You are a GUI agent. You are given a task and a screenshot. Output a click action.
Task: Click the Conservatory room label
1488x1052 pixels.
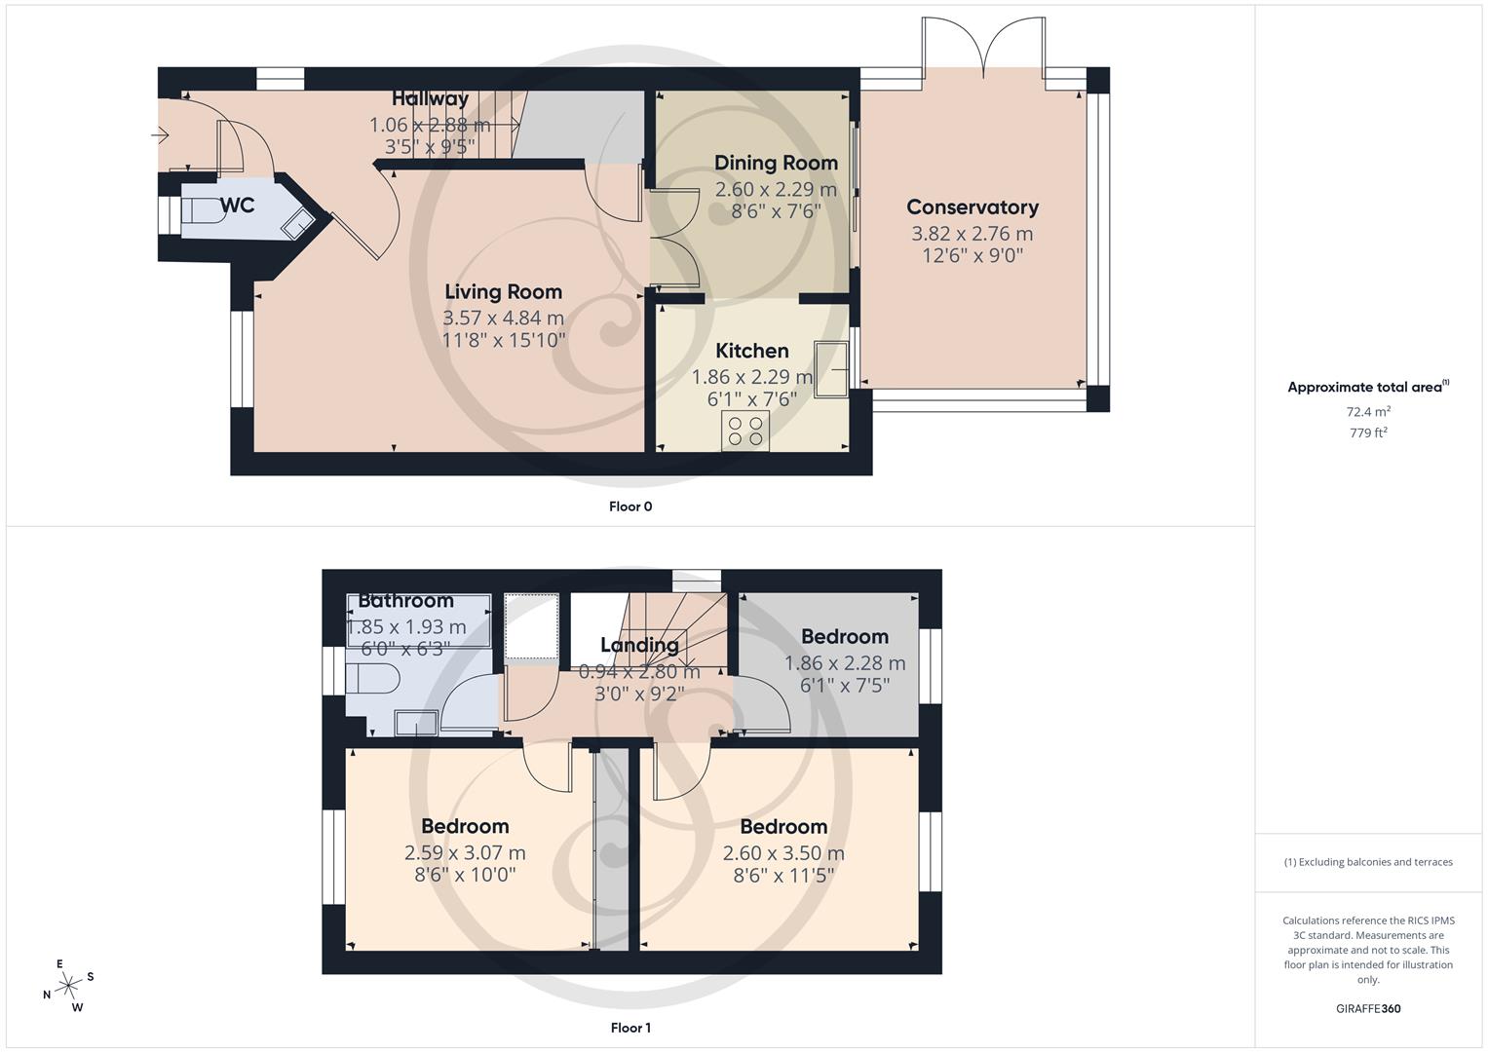[x=972, y=207]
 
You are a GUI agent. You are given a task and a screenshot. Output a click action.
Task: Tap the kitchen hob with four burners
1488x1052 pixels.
[x=745, y=431]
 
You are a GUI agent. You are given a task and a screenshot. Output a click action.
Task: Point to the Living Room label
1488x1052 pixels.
[x=503, y=291]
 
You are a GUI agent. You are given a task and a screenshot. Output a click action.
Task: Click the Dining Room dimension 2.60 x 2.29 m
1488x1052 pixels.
[x=776, y=190]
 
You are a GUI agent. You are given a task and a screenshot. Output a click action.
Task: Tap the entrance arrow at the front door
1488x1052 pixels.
[x=161, y=135]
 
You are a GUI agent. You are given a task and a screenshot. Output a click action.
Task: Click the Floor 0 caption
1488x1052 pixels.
[x=630, y=507]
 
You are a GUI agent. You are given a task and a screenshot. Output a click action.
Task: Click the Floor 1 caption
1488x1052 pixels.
[x=630, y=1028]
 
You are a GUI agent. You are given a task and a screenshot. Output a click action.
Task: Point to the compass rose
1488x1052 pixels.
[x=68, y=986]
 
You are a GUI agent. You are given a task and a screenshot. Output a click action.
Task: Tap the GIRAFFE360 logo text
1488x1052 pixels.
[x=1368, y=1008]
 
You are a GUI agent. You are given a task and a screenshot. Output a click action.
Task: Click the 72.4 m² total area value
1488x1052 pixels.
[x=1368, y=412]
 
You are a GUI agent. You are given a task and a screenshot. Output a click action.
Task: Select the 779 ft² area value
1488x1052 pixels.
[x=1368, y=433]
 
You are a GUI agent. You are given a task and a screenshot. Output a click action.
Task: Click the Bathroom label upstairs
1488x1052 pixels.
[x=405, y=601]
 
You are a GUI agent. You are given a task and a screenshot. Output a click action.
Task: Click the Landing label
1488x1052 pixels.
[x=639, y=645]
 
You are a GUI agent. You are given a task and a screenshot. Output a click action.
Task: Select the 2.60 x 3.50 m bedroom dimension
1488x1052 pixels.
[x=783, y=853]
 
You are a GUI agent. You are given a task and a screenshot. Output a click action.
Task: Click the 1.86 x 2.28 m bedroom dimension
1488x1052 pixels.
[x=845, y=663]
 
